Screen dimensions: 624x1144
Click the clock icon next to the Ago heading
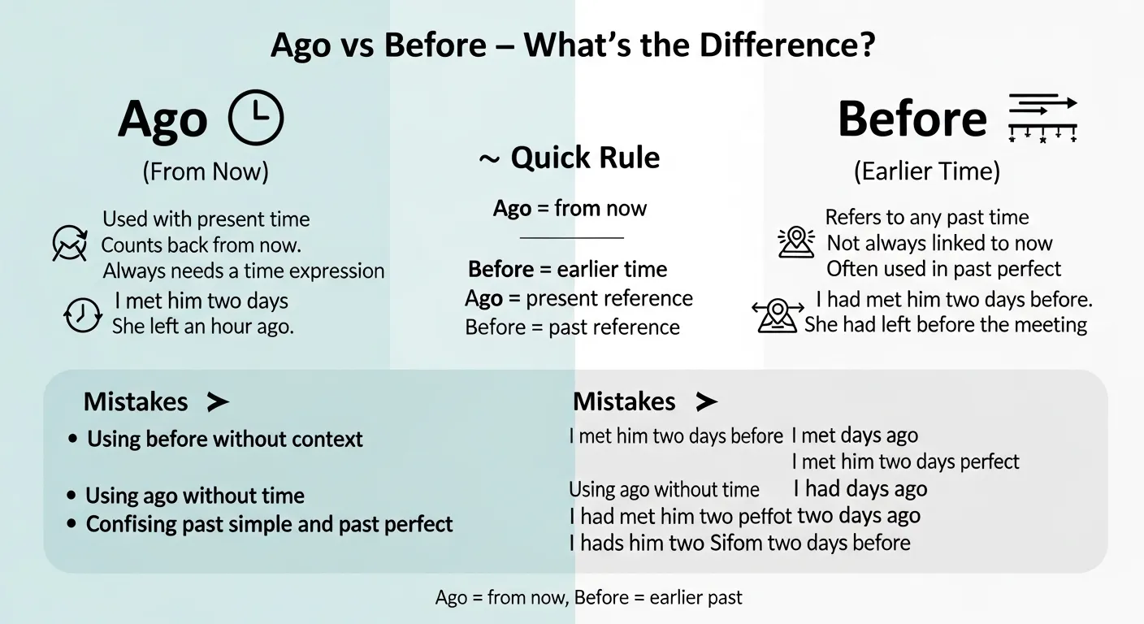256,118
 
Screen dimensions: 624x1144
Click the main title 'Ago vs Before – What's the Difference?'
572,45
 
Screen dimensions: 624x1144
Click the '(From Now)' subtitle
206,171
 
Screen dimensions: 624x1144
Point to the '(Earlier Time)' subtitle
926,171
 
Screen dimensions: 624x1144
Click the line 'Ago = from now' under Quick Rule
570,209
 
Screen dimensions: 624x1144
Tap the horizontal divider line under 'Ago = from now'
571,238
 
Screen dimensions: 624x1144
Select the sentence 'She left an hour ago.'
202,327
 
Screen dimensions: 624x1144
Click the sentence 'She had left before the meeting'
946,325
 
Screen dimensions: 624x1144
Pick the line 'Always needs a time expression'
244,271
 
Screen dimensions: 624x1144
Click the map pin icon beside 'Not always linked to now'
796,242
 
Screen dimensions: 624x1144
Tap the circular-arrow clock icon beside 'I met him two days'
82,314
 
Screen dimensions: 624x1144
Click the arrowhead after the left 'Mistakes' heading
217,401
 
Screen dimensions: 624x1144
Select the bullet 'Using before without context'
224,440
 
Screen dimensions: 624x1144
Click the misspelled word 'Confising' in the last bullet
132,524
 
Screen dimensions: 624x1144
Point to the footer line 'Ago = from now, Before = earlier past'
588,598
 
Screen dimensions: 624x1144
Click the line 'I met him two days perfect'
905,462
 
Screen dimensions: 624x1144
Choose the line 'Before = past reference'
572,327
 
